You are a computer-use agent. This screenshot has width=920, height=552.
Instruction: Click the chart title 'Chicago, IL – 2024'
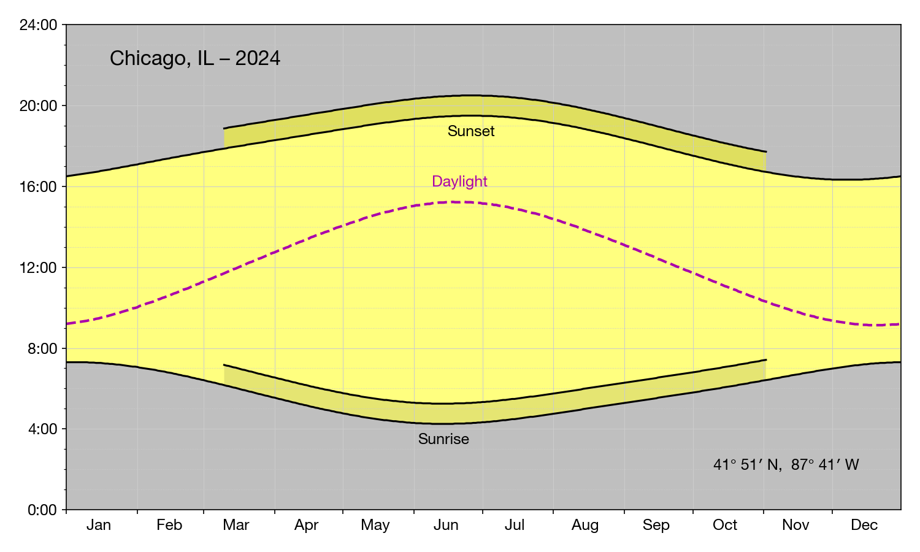pyautogui.click(x=195, y=58)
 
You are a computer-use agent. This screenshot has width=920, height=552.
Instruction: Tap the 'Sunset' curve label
pyautogui.click(x=471, y=131)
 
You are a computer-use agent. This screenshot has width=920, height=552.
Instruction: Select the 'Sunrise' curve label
pyautogui.click(x=443, y=439)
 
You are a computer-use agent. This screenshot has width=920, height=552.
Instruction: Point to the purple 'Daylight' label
pyautogui.click(x=459, y=182)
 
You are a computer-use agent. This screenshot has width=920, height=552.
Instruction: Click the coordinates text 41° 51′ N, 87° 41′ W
pyautogui.click(x=786, y=465)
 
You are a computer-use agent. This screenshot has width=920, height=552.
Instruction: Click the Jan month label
pyautogui.click(x=99, y=525)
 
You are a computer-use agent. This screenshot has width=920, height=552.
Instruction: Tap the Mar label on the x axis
pyautogui.click(x=236, y=525)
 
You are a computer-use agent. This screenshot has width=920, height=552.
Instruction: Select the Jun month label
pyautogui.click(x=446, y=525)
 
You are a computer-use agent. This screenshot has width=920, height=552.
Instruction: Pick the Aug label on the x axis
pyautogui.click(x=585, y=525)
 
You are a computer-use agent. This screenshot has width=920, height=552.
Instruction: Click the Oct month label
pyautogui.click(x=725, y=525)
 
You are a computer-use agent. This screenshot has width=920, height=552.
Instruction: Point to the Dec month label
pyautogui.click(x=864, y=525)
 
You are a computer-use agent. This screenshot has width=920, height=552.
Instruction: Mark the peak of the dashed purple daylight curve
pyautogui.click(x=454, y=202)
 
